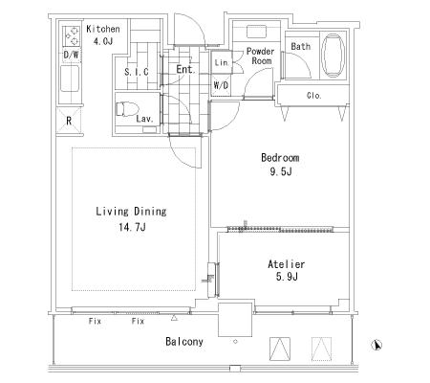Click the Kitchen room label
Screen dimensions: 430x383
[103, 29]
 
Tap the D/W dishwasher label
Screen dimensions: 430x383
[71, 55]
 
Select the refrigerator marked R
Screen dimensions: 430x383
[69, 121]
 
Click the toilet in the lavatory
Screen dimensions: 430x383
[127, 109]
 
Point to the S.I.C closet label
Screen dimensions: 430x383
[137, 72]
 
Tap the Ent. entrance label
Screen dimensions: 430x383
[185, 69]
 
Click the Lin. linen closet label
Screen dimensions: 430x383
[222, 62]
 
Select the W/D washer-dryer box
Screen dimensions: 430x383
[221, 85]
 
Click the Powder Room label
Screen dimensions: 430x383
[261, 56]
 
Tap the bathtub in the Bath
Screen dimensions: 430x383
[333, 56]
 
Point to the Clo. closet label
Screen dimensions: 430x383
[314, 96]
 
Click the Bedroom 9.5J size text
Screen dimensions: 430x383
[281, 172]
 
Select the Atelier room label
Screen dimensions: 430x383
[286, 264]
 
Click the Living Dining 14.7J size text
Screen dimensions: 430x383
[132, 227]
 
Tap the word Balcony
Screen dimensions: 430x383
[184, 342]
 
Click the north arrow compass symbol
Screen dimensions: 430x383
[376, 345]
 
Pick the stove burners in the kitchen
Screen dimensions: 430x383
[72, 36]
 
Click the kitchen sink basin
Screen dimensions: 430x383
[70, 79]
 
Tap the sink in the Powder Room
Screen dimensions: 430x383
[256, 33]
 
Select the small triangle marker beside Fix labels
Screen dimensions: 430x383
[174, 318]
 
